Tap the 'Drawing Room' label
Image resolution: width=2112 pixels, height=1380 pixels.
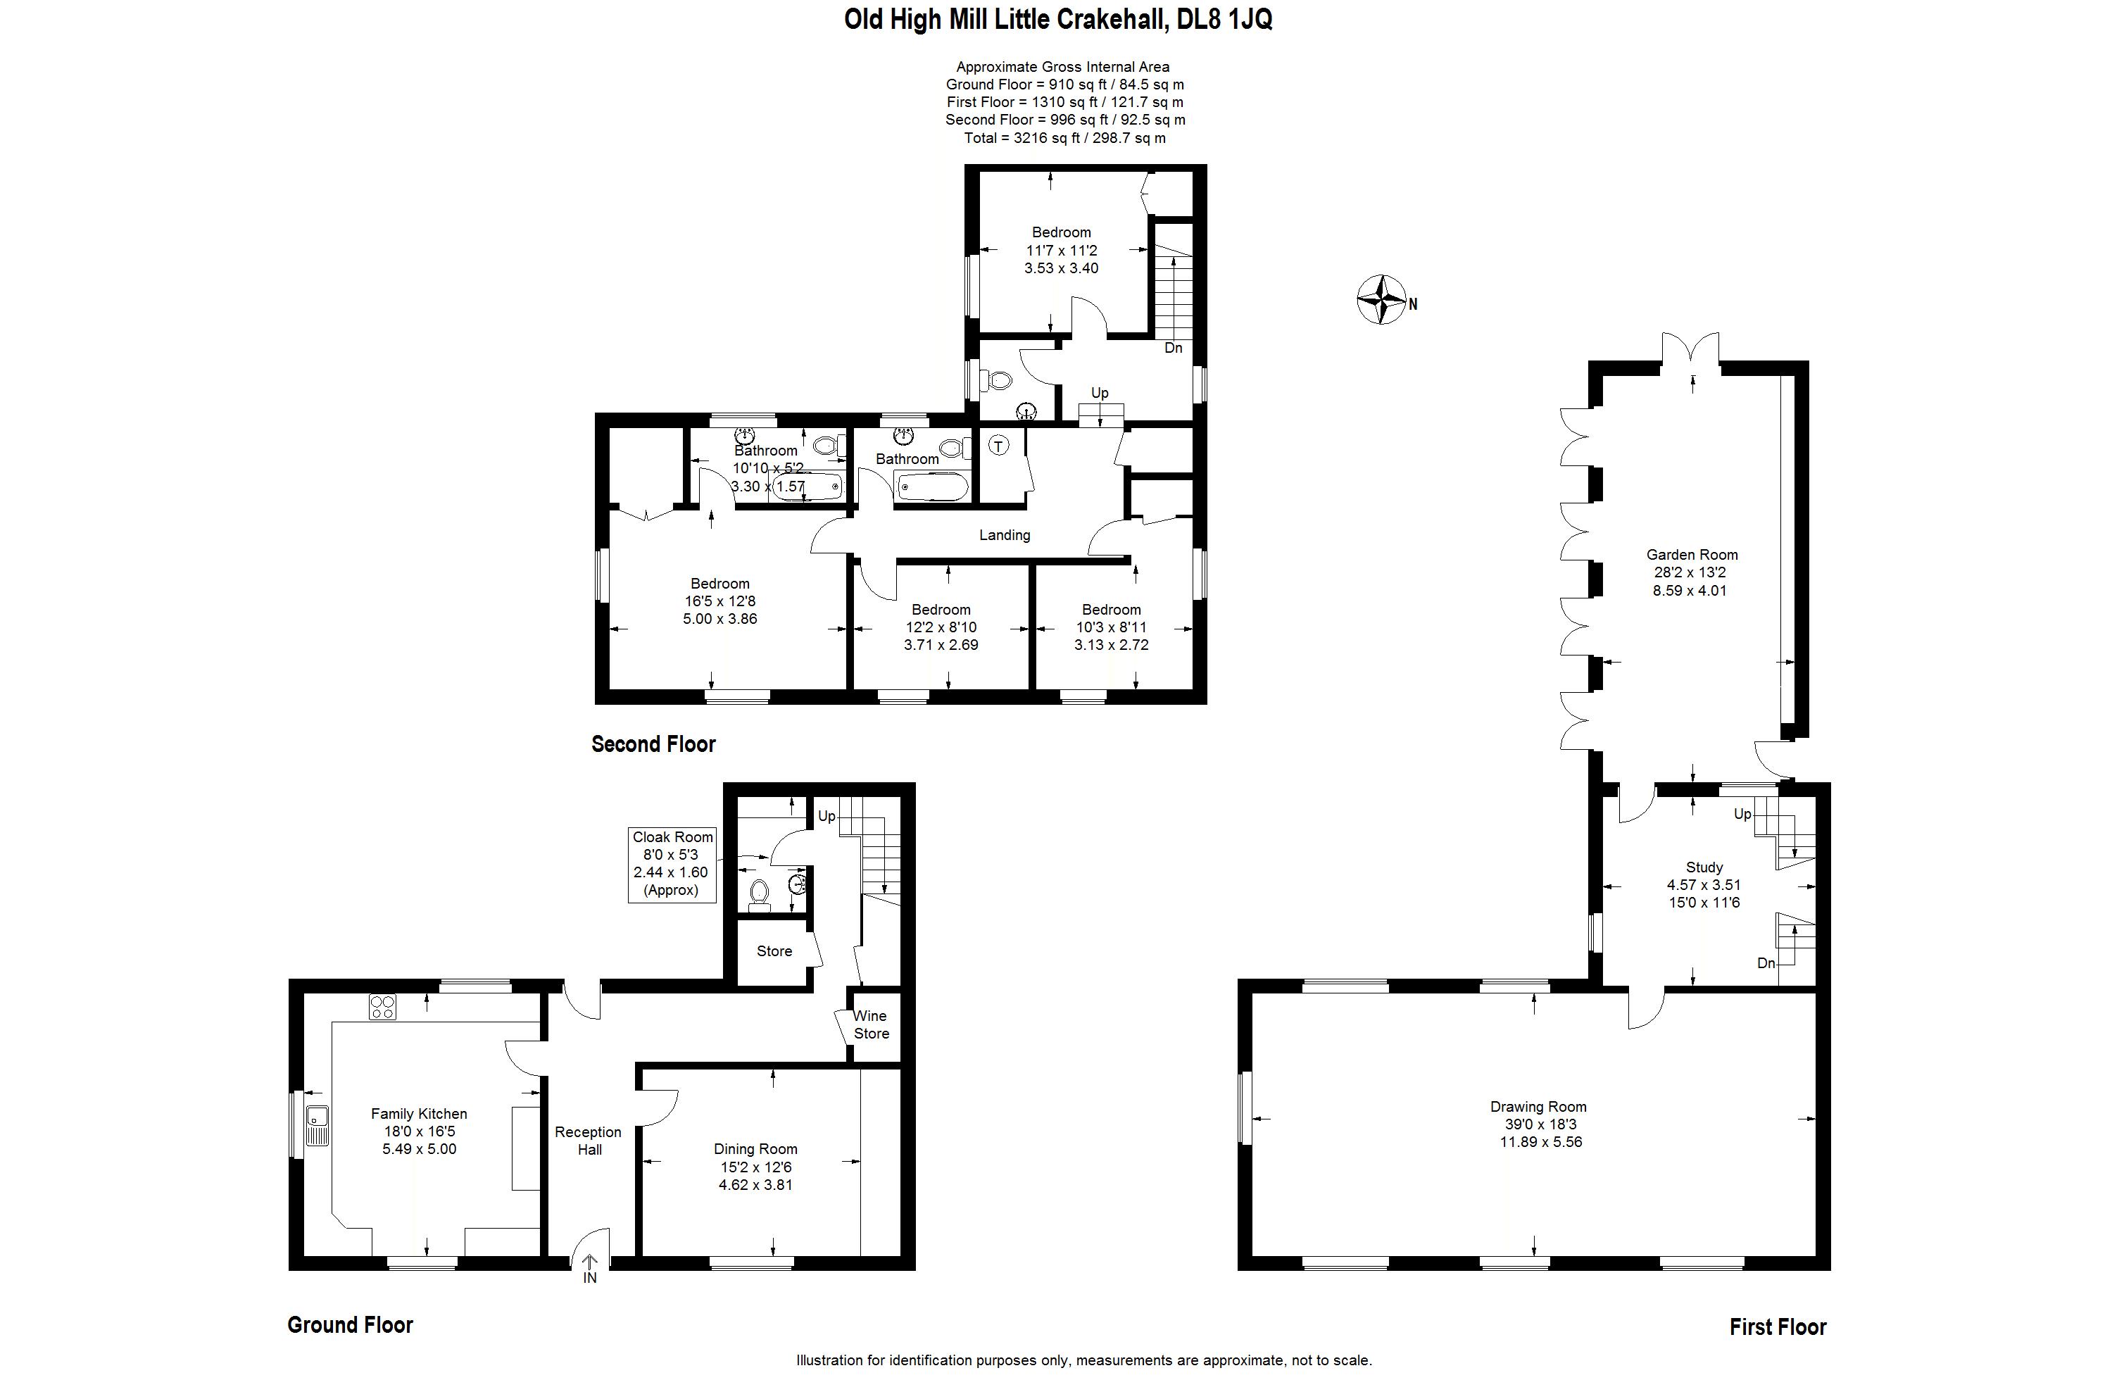pos(1538,1107)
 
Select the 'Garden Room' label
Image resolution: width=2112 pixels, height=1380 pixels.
pos(1692,555)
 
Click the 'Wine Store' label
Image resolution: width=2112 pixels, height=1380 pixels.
pos(871,1024)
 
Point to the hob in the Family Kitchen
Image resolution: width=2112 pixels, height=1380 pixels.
pos(382,1006)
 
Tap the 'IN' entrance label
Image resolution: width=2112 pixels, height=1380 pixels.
pos(589,1278)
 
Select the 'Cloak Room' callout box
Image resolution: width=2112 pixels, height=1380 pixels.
pos(672,865)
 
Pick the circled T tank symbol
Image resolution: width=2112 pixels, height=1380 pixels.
pos(999,446)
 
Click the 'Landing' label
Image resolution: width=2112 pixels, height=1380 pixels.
pos(1005,535)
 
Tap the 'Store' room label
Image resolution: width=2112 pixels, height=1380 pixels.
pos(774,951)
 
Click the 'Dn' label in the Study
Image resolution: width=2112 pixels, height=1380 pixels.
pos(1766,963)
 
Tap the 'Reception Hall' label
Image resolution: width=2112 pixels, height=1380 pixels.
pos(589,1141)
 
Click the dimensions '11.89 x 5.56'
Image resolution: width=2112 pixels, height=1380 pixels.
pos(1540,1142)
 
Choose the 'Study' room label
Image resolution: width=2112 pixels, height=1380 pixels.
pos(1704,867)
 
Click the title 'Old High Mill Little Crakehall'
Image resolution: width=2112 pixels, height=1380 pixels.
pos(1006,20)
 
